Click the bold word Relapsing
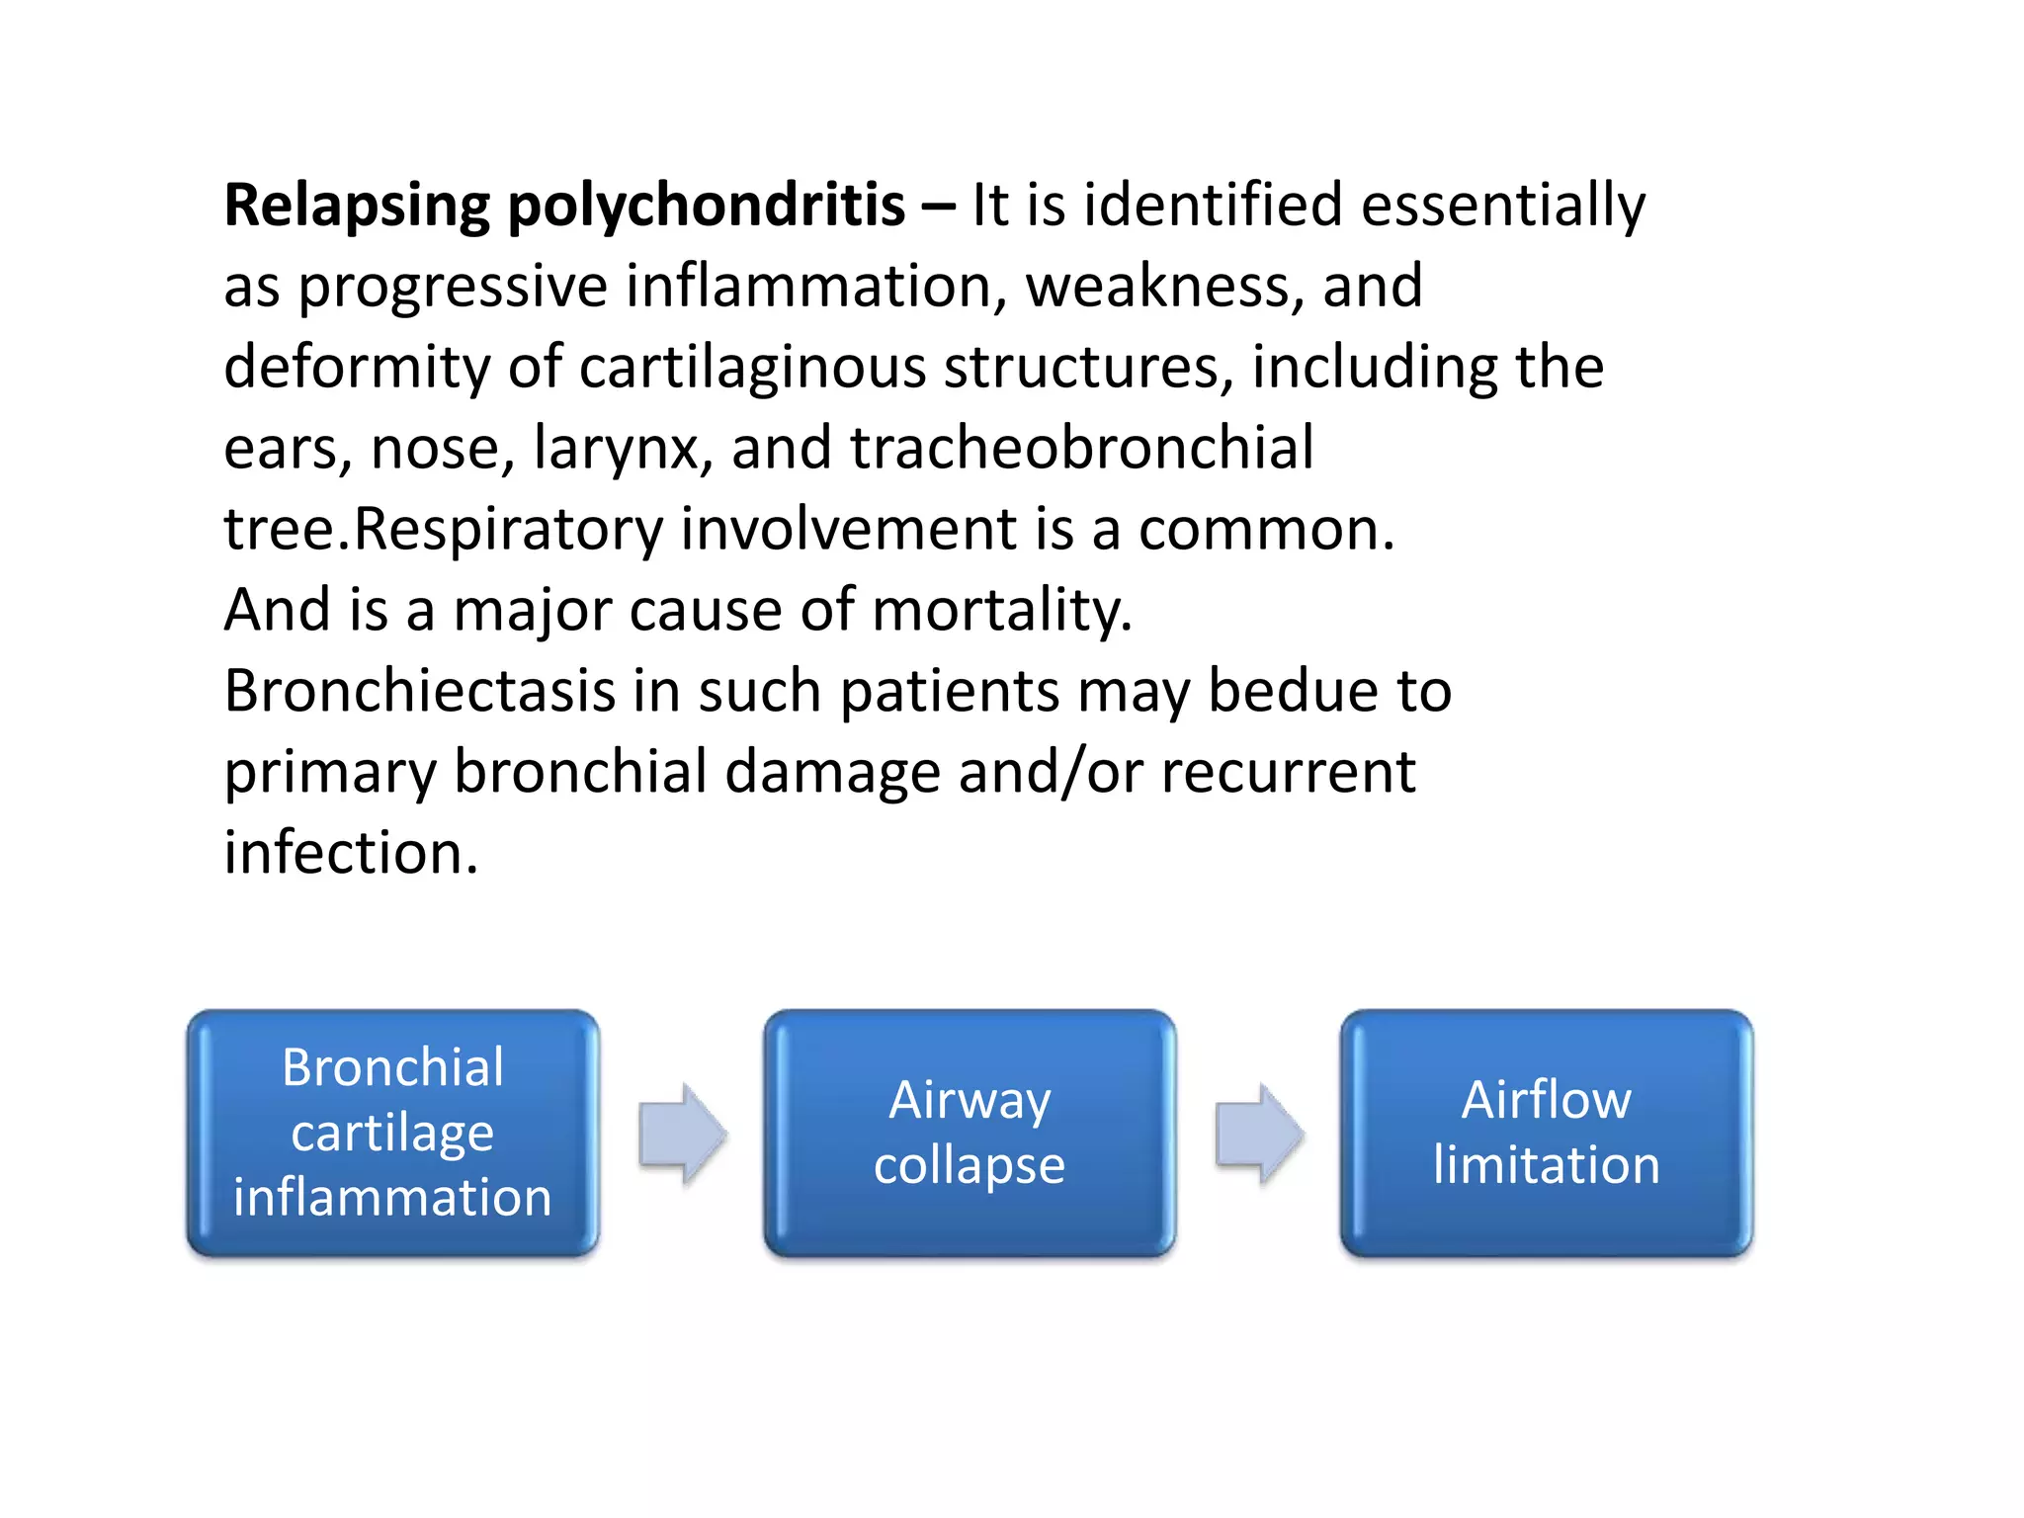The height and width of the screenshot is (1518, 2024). (x=357, y=208)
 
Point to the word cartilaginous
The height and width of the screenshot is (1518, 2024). (x=752, y=368)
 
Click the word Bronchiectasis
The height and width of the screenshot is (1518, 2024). (x=420, y=691)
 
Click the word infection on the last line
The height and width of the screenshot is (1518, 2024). (x=351, y=853)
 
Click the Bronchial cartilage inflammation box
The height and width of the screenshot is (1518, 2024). (x=392, y=1133)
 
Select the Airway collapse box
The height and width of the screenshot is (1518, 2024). (x=970, y=1133)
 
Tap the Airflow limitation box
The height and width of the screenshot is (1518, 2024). (x=1546, y=1133)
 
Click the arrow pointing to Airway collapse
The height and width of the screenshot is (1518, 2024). (x=682, y=1134)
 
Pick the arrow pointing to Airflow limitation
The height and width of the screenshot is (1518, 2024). (x=1258, y=1134)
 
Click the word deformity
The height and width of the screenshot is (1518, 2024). (x=357, y=368)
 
